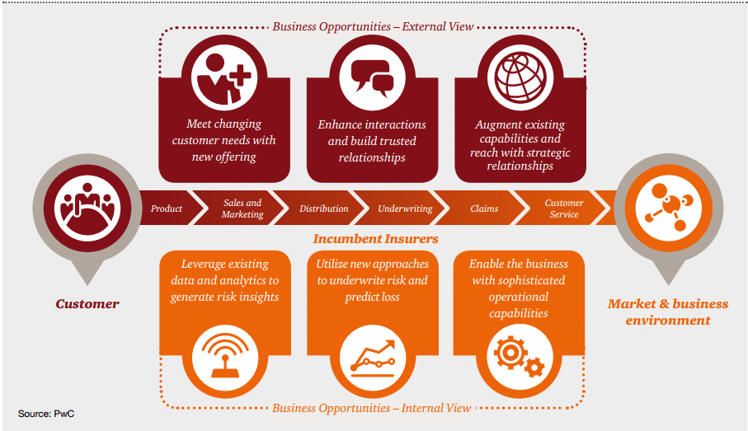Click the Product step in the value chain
[167, 208]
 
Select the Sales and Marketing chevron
[242, 208]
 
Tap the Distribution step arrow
[323, 208]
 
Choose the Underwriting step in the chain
[405, 208]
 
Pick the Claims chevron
[484, 208]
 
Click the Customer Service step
[564, 208]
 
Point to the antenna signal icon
[223, 355]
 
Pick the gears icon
[520, 355]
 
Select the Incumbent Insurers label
[375, 239]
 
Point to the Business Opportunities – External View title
[373, 26]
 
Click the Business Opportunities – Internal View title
[372, 408]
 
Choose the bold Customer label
[87, 304]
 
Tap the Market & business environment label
[668, 312]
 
